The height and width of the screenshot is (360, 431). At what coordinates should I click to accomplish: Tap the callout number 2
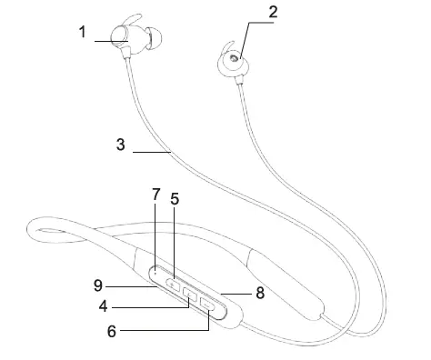click(247, 13)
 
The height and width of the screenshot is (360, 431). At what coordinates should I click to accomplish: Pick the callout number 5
click(175, 197)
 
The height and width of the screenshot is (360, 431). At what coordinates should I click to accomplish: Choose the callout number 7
click(155, 194)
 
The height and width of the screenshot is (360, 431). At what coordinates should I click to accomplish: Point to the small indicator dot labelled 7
click(156, 270)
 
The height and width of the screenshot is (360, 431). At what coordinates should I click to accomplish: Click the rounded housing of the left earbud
click(118, 37)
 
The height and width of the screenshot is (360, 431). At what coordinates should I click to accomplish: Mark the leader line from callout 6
click(164, 331)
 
